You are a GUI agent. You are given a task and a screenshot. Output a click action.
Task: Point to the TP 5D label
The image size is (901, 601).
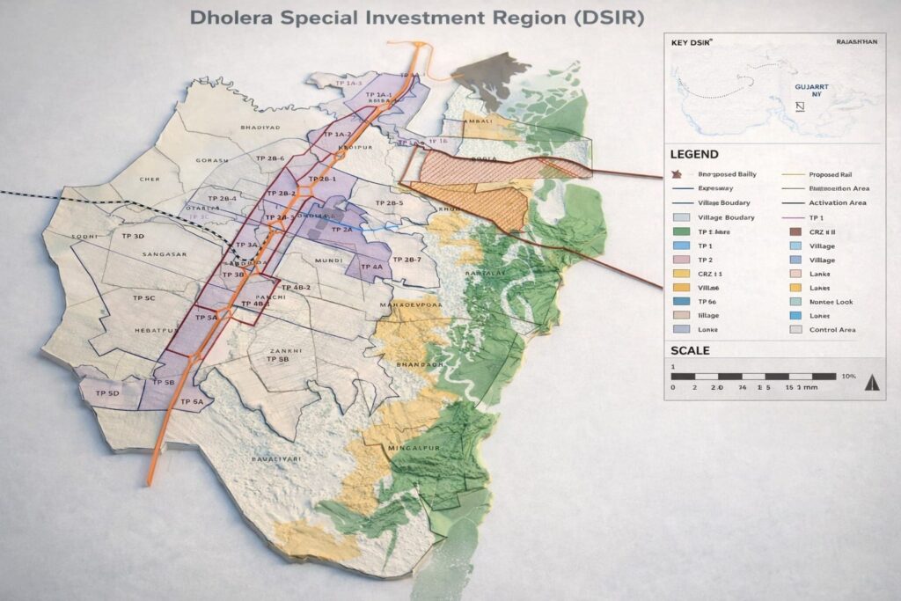[107, 392]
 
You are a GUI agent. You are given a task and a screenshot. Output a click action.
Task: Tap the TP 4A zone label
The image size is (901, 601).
[372, 267]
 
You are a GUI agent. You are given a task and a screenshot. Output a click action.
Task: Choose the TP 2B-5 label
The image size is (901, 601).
[389, 203]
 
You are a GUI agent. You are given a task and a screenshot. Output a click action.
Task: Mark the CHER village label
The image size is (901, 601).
[151, 179]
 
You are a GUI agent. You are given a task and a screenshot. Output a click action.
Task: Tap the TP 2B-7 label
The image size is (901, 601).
[407, 260]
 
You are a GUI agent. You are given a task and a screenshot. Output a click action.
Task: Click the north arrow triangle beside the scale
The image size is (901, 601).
[872, 382]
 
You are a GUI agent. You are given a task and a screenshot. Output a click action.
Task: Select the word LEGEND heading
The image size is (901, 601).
[694, 154]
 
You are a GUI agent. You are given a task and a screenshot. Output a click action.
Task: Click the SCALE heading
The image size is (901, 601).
[690, 350]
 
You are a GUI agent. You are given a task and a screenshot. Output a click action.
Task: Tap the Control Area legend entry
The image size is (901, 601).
[831, 329]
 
